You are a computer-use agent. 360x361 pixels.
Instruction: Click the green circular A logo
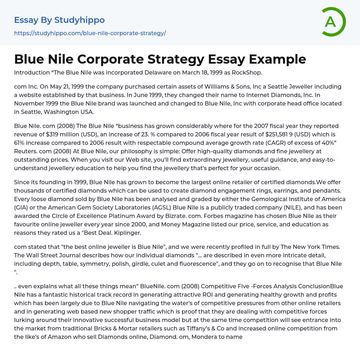(x=333, y=22)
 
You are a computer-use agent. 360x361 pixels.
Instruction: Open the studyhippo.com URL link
(x=90, y=33)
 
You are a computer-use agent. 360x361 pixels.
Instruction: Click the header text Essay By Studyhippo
(x=59, y=20)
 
